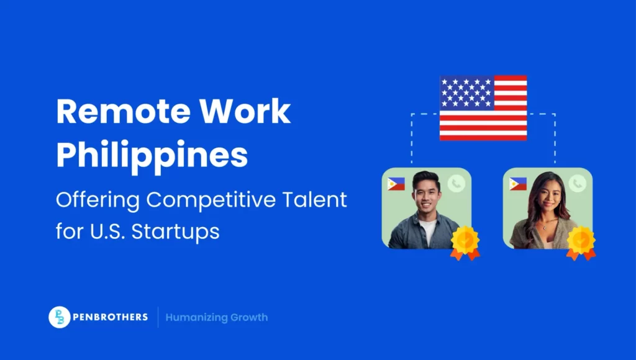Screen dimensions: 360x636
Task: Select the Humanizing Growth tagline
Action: point(217,317)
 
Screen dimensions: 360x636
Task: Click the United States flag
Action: point(483,108)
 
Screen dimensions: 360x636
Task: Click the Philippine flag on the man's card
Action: point(396,184)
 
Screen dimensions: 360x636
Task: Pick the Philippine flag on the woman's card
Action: point(517,184)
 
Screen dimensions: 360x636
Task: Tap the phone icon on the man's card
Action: point(457,183)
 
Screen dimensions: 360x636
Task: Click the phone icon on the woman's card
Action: point(578,183)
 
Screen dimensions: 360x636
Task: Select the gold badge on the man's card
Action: point(465,241)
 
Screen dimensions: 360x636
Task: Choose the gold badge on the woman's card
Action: point(581,241)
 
